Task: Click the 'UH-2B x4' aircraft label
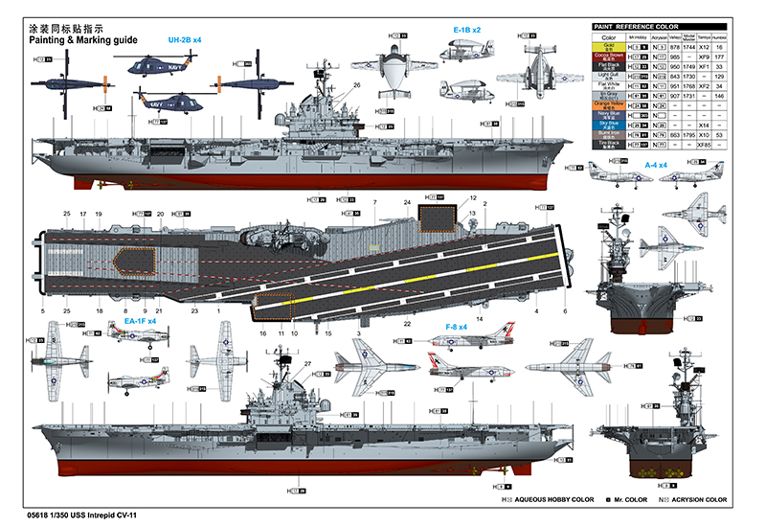185,39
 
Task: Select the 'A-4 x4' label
656,165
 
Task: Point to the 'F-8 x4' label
456,328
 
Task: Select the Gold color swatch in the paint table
609,46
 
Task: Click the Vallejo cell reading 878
674,46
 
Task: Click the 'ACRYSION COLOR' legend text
694,500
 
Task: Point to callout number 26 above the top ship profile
356,85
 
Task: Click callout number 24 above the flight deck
407,202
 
